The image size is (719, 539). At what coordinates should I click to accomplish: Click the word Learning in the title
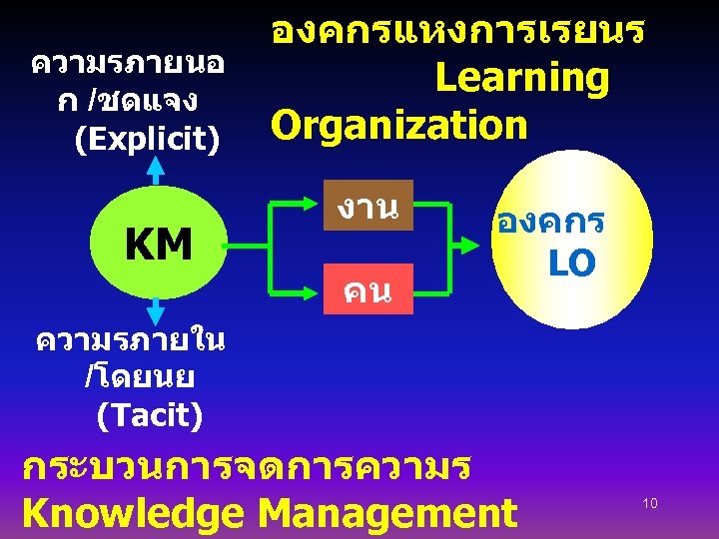(521, 79)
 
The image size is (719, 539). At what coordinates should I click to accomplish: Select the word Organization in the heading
(398, 126)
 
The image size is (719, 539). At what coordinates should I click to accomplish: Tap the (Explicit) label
(148, 140)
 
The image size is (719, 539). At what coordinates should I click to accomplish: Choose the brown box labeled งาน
(366, 208)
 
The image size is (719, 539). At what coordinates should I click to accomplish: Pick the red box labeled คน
(365, 290)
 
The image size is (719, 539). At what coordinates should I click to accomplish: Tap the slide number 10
(650, 503)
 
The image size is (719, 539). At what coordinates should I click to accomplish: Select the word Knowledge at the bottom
(132, 513)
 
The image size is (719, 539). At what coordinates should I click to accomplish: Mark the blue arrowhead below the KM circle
(156, 310)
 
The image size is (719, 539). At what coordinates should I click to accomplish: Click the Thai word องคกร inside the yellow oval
(544, 223)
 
